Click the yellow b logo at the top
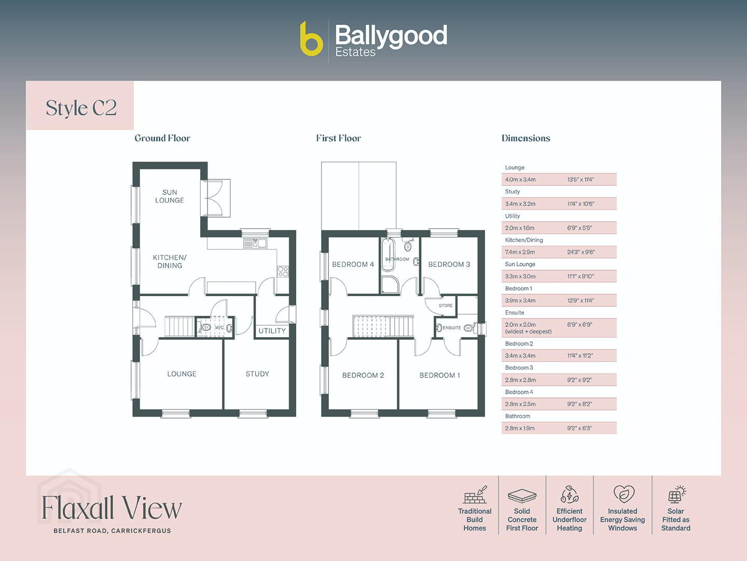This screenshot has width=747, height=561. (311, 38)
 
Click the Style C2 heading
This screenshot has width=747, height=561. (81, 109)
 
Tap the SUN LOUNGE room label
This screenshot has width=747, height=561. (170, 196)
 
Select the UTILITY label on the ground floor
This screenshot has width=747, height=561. (272, 331)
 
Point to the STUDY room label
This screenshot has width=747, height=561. (257, 373)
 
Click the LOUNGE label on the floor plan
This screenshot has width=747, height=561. (182, 373)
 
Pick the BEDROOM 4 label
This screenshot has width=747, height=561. (353, 264)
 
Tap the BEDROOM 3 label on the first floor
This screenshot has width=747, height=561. (449, 264)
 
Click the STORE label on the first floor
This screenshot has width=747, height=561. (446, 305)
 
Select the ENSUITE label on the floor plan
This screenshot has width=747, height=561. (452, 328)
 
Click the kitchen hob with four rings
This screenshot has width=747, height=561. (283, 272)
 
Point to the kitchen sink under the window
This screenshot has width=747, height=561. (255, 243)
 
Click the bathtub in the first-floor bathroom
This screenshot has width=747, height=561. (388, 255)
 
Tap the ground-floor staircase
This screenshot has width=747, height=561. (180, 327)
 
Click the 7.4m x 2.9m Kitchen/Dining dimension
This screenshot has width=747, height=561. (520, 252)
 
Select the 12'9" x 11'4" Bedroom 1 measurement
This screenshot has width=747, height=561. (580, 300)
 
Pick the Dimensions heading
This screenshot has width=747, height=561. (526, 138)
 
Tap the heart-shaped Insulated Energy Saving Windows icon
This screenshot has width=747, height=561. (624, 494)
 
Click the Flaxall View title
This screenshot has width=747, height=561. (112, 508)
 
